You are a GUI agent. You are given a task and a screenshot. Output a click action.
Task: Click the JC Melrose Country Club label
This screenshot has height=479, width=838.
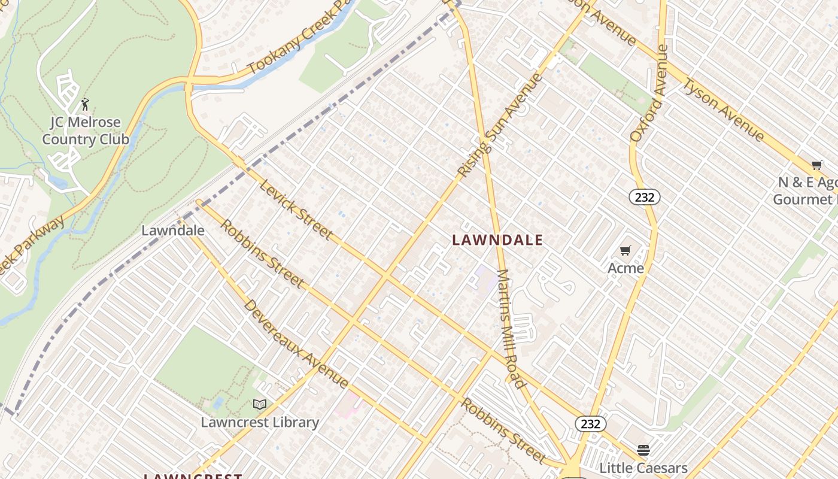click(86, 131)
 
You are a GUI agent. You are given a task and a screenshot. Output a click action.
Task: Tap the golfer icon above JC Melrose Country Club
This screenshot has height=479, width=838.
click(85, 104)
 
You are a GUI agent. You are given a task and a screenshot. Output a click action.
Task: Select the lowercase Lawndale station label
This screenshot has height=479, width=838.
click(173, 231)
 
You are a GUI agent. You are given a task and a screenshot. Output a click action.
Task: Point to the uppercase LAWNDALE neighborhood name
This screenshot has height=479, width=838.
click(497, 240)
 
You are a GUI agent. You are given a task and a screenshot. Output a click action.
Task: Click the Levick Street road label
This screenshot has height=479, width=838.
click(296, 208)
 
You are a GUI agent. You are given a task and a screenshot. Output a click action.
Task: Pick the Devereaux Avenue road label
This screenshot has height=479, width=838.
click(296, 344)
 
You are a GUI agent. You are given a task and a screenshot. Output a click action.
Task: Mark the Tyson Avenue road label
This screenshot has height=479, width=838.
click(724, 110)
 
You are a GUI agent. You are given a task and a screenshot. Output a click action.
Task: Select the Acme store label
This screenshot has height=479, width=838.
click(626, 268)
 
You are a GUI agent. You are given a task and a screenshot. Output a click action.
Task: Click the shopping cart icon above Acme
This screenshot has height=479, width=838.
click(626, 250)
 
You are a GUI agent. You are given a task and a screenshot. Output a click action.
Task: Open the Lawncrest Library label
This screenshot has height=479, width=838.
click(260, 422)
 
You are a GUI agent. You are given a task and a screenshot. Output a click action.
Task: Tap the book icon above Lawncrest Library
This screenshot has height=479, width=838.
click(260, 405)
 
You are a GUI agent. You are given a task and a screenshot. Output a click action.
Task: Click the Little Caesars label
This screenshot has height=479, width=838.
click(643, 468)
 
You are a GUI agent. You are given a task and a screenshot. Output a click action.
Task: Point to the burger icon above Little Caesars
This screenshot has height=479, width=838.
click(643, 450)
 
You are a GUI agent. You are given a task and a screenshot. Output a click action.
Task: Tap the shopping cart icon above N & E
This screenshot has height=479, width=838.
click(817, 165)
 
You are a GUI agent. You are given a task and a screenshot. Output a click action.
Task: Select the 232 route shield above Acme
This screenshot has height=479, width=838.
click(644, 197)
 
